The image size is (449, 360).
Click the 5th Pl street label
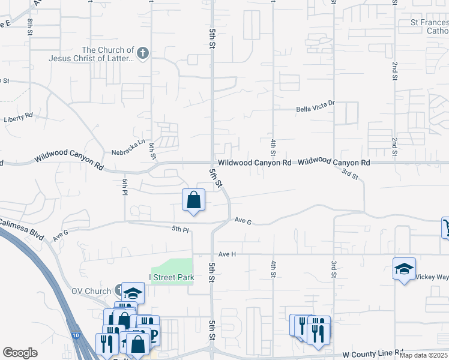click(x=180, y=229)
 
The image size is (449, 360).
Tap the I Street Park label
click(x=172, y=277)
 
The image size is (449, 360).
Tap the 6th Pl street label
click(x=125, y=187)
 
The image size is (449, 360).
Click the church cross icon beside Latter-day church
click(x=142, y=54)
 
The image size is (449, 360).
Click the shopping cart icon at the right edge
click(x=445, y=227)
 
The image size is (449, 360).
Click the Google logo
click(x=20, y=353)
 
